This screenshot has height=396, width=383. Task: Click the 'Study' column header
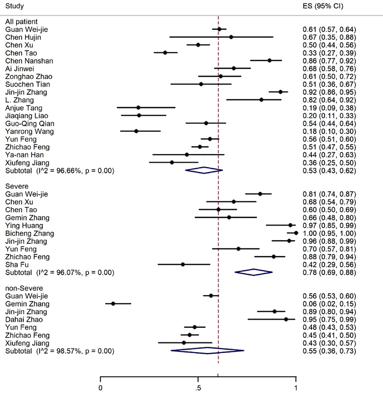click(x=15, y=6)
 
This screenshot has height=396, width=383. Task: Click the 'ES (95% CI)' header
click(x=323, y=6)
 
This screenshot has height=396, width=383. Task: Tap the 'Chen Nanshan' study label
click(x=29, y=61)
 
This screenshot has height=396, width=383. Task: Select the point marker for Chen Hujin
click(x=231, y=37)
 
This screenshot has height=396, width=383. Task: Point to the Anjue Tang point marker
click(x=138, y=107)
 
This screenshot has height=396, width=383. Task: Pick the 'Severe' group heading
click(x=17, y=186)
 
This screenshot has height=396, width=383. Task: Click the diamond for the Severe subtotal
click(x=254, y=272)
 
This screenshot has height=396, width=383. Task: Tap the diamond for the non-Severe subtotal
click(x=207, y=351)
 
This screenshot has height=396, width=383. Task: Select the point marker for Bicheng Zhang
click(x=296, y=233)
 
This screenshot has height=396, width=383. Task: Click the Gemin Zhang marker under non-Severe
click(x=113, y=304)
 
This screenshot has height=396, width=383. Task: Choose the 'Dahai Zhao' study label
click(x=24, y=319)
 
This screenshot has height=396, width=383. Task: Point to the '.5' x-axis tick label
click(x=198, y=388)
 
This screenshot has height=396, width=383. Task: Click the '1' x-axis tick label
click(x=296, y=388)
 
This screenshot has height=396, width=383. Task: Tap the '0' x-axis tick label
click(x=100, y=388)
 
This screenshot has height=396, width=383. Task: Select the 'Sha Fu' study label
click(x=17, y=265)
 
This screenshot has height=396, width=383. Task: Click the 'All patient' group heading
click(x=21, y=22)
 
